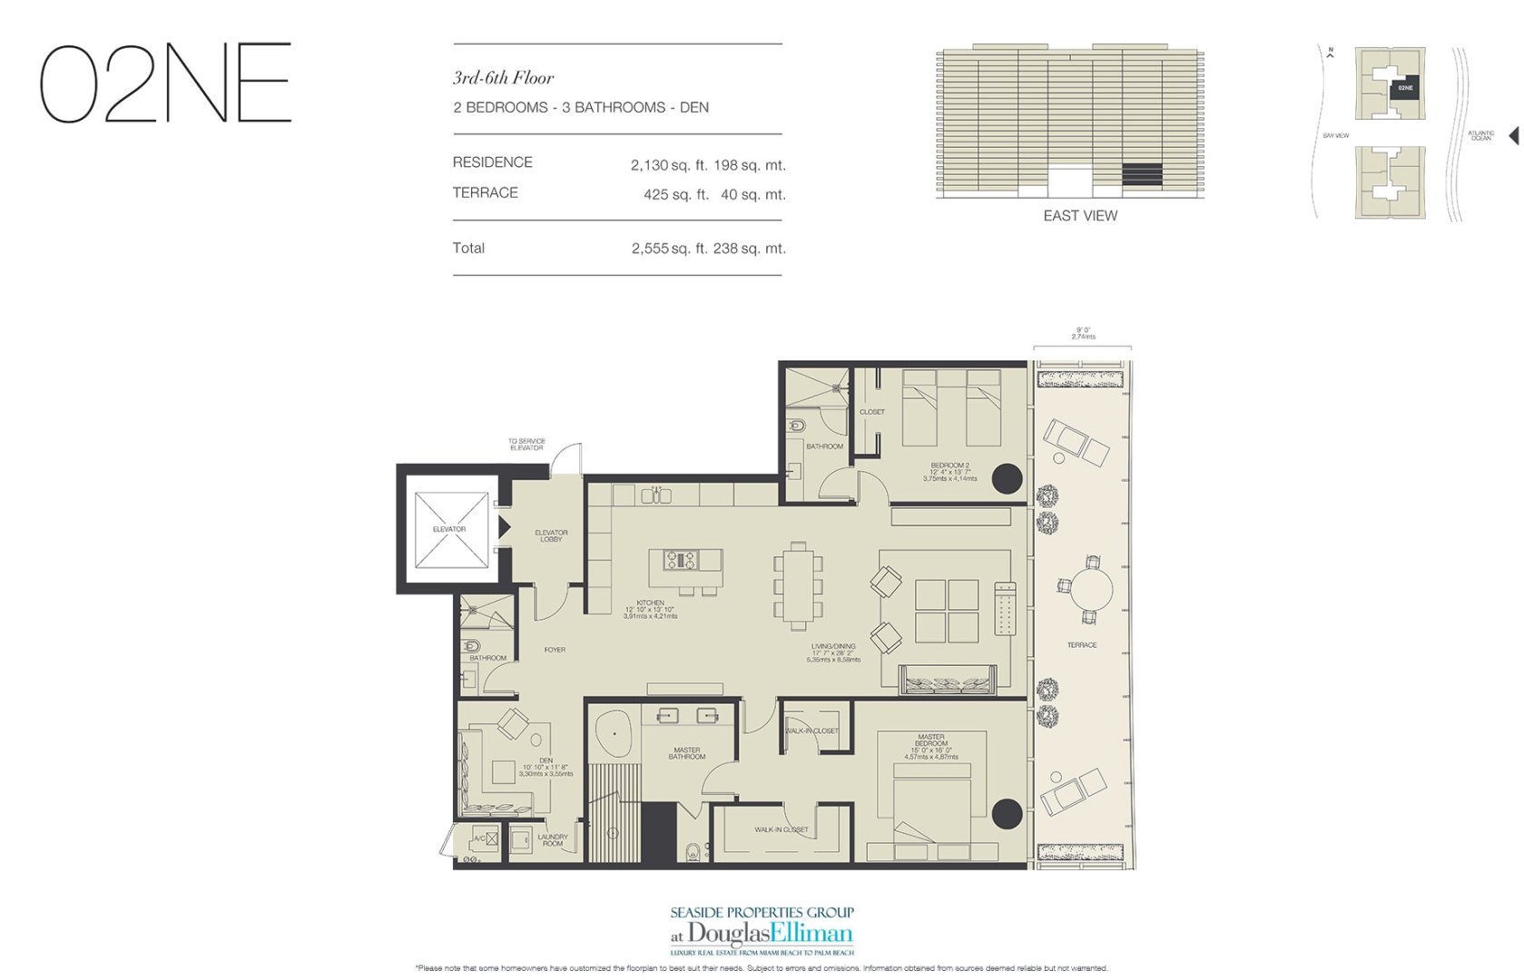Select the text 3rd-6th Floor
point(503,78)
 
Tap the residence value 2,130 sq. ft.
point(670,165)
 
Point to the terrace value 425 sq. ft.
point(675,194)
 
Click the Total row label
point(468,248)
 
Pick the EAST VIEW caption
point(1080,216)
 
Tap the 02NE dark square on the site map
point(1404,88)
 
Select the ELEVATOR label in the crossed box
point(448,529)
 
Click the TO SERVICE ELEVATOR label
point(526,445)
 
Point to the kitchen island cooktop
point(680,561)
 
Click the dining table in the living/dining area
point(798,586)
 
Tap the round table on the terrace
point(1091,591)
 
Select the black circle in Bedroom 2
point(1007,478)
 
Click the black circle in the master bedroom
point(1007,813)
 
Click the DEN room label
point(546,760)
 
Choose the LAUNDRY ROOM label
point(552,840)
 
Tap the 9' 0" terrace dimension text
point(1082,330)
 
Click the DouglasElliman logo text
point(770,933)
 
